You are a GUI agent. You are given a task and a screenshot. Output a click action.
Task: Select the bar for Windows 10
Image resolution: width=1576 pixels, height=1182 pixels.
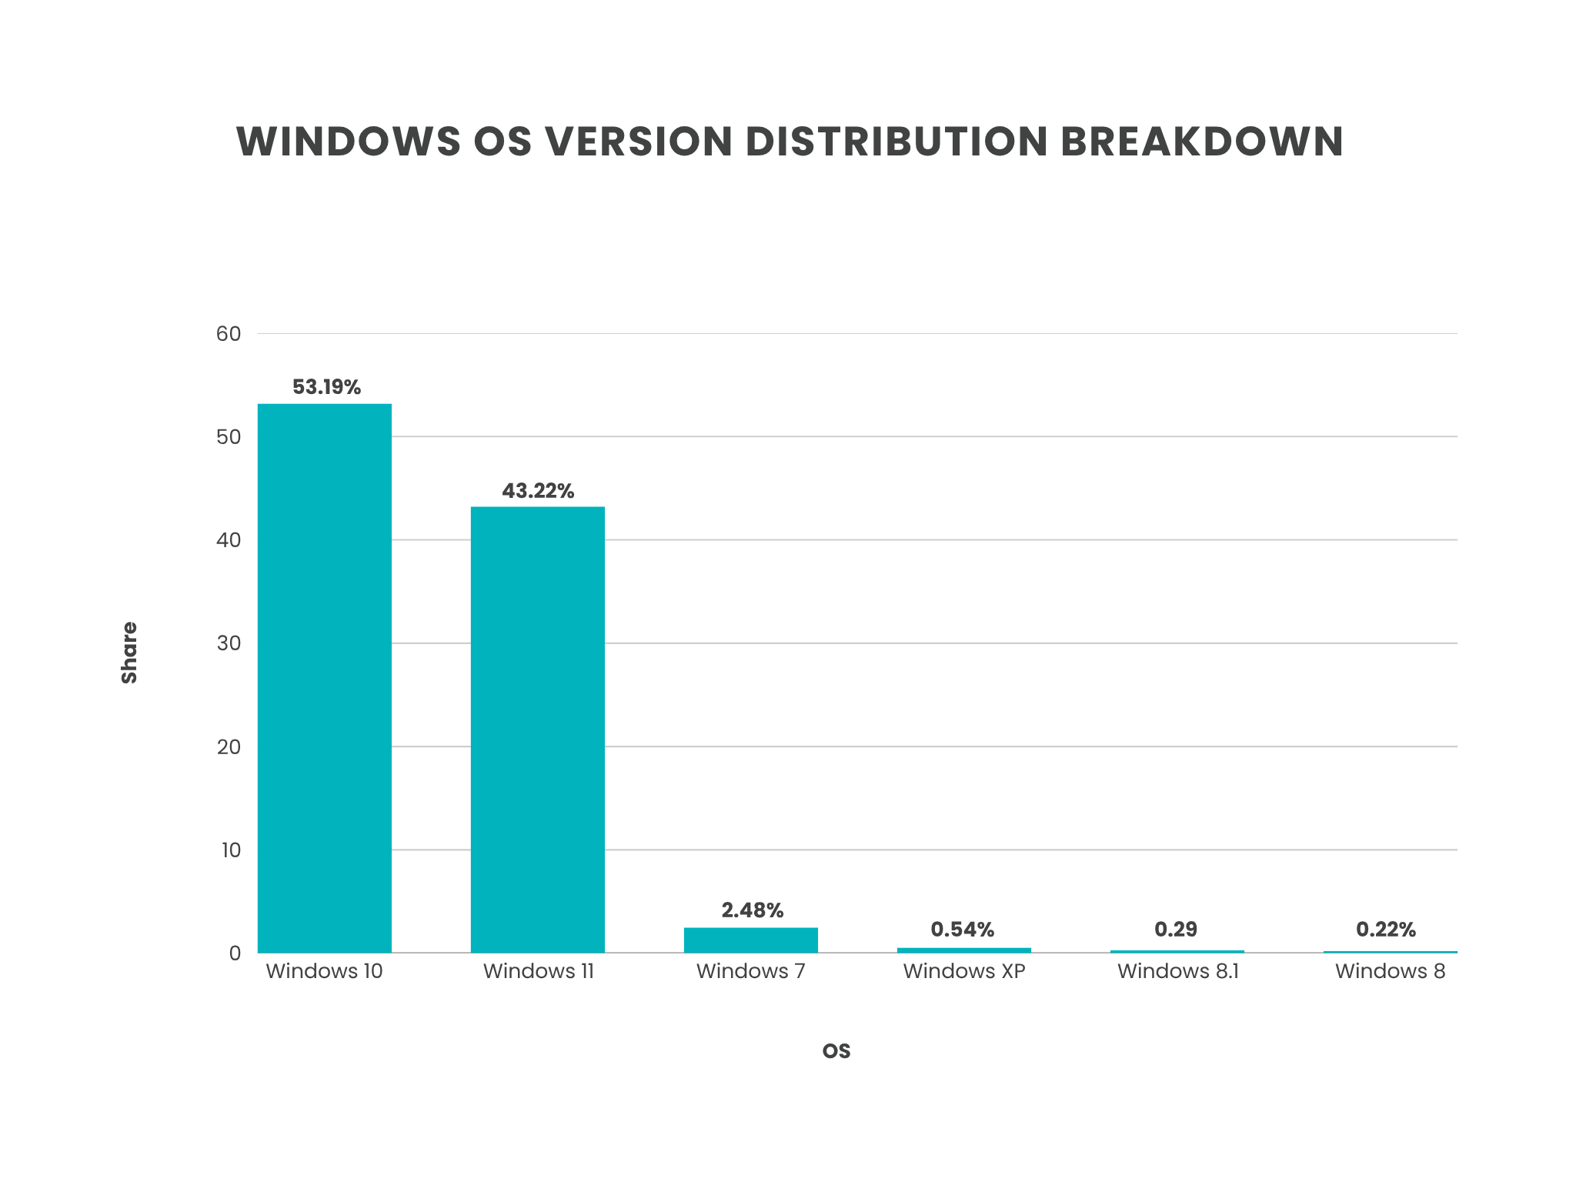[x=324, y=677]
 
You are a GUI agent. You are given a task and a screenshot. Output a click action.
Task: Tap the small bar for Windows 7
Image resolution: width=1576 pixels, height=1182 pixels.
[x=750, y=940]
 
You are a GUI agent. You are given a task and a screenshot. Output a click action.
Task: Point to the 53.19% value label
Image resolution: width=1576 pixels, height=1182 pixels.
[x=326, y=387]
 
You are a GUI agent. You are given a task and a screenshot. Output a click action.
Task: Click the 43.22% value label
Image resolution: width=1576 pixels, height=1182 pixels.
[x=538, y=491]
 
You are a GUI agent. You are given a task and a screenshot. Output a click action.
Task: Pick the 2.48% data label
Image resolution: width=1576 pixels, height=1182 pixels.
[x=752, y=910]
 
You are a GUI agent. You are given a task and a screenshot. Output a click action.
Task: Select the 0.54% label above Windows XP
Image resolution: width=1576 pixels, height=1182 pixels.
[x=963, y=930]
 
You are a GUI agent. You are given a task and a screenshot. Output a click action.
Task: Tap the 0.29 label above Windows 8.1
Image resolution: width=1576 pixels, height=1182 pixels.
[x=1176, y=930]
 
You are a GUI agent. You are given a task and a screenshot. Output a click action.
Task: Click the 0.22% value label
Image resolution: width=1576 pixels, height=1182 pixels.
[x=1385, y=930]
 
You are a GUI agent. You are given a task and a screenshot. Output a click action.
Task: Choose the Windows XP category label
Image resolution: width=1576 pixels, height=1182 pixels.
[x=964, y=971]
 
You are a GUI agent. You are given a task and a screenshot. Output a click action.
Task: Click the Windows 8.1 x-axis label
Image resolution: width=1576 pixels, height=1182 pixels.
[x=1177, y=971]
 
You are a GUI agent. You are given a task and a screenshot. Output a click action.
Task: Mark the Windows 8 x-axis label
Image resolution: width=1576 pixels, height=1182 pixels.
[x=1390, y=971]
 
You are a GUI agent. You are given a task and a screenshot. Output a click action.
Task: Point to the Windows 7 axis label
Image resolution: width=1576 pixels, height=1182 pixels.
[x=750, y=971]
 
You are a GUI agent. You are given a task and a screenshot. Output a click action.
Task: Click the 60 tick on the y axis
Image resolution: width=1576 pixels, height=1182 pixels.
[x=229, y=334]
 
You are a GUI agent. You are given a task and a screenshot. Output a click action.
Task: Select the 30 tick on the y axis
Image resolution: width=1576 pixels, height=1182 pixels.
[x=229, y=643]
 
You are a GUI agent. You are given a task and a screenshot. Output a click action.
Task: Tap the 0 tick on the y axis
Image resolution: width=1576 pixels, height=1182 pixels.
[x=235, y=953]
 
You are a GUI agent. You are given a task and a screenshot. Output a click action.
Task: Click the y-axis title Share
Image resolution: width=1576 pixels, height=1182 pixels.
[x=129, y=653]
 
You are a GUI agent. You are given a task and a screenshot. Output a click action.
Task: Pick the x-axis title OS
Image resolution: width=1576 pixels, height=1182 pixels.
[x=836, y=1051]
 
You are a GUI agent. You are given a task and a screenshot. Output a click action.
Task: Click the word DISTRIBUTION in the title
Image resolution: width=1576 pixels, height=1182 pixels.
[x=897, y=142]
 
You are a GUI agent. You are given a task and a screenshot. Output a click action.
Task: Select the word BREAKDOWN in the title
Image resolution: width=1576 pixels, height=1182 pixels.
[x=1202, y=142]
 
